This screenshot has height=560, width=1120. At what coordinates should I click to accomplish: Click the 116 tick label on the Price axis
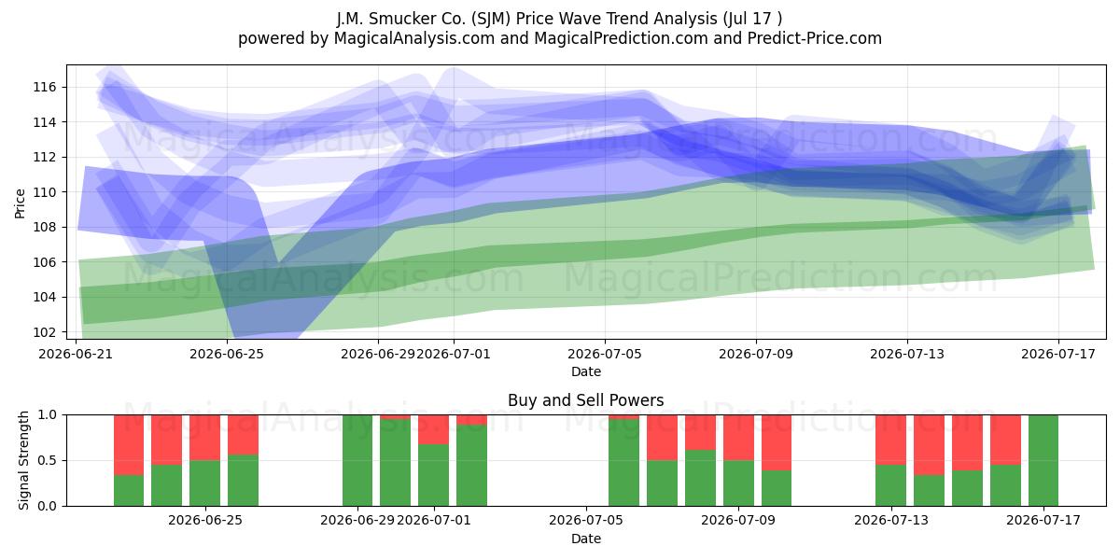point(45,88)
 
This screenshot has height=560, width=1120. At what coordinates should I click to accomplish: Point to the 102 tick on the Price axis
point(45,332)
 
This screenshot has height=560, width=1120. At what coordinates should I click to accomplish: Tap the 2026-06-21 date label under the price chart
point(76,354)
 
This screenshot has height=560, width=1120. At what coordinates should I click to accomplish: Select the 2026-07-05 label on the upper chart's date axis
point(605,354)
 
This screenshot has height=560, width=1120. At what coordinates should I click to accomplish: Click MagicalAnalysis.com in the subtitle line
point(414,38)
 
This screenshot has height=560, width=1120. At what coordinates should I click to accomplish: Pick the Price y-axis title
point(20,203)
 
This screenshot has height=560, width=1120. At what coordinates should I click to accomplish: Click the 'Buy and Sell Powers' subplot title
point(585,400)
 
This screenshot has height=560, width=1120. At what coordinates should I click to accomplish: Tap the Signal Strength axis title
point(23,460)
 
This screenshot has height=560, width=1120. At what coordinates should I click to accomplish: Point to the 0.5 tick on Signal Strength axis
point(48,460)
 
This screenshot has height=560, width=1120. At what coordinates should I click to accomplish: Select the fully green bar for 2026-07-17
point(1043,460)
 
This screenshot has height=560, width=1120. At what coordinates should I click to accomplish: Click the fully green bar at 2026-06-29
point(357,460)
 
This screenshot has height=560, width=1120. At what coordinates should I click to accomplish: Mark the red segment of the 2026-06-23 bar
point(166,440)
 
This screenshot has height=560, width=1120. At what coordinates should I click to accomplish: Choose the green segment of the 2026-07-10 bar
point(777,488)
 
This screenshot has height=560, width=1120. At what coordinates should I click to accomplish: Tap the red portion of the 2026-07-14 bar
point(929,445)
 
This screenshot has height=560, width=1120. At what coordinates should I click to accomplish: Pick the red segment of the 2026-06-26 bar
point(243,435)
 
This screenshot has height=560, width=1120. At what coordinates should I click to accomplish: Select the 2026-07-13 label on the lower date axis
point(891,521)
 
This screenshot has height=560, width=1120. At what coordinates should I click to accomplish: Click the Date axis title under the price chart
point(586,371)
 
